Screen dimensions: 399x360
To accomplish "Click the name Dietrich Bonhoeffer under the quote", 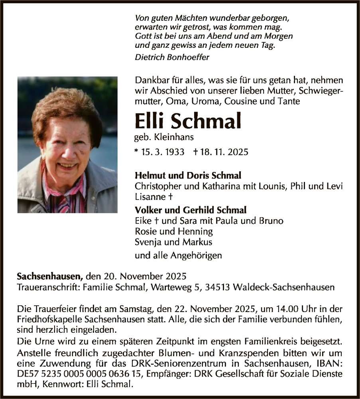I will pyautogui.click(x=172, y=57).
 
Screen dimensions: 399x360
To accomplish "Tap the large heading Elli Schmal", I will pyautogui.click(x=188, y=121).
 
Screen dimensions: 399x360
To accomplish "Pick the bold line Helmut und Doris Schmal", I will pyautogui.click(x=188, y=176).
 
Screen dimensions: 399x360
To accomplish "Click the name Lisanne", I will pyautogui.click(x=148, y=197).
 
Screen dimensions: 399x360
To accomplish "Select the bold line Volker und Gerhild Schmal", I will pyautogui.click(x=191, y=210).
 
